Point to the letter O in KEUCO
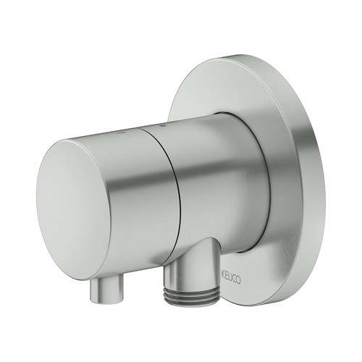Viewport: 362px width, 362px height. [238, 280]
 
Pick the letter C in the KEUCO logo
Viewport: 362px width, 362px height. [234, 279]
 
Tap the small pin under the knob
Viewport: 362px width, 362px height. [106, 289]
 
